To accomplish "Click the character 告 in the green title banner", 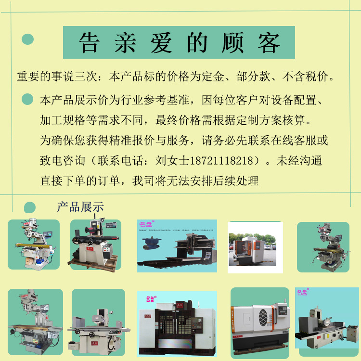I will (x=90, y=43).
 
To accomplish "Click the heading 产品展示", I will (x=80, y=207).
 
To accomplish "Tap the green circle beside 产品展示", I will (x=30, y=207).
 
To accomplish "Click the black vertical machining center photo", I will (x=177, y=325).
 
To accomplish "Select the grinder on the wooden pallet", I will (x=95, y=245).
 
